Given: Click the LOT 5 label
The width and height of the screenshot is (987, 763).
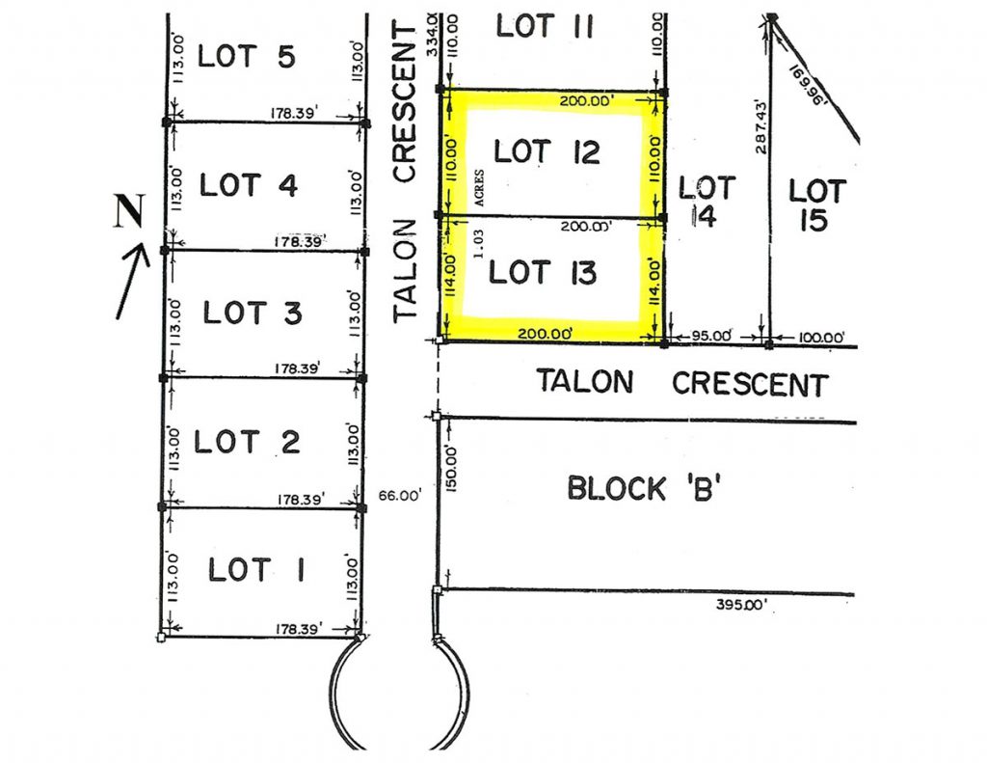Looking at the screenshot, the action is point(246,56).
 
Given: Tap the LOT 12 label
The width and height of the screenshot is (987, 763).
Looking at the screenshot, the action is point(547,151).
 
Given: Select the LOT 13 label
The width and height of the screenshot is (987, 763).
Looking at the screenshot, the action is point(542,273).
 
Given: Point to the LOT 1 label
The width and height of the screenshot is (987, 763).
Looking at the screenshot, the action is point(256,569).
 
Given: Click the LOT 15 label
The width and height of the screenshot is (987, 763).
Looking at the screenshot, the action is point(817,205).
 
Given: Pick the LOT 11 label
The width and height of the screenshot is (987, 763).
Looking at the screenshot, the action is point(545,26).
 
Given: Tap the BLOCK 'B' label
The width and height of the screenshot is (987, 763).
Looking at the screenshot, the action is point(644,488).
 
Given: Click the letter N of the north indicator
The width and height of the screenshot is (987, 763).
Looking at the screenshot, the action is point(129,210).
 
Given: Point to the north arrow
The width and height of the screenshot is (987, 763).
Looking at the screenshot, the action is point(133,281).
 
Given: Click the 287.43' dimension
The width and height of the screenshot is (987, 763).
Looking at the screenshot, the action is point(761,126).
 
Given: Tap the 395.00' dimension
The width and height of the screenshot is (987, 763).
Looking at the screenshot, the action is point(741,605).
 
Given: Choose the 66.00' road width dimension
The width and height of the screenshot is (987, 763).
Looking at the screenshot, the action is point(400,496).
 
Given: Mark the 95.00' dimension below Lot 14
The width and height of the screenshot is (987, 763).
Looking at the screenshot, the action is point(711,336).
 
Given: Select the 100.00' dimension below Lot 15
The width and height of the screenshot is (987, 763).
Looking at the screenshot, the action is point(821,338).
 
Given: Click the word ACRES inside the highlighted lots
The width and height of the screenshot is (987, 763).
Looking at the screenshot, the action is point(480,188).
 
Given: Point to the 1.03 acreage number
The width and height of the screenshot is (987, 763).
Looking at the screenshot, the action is point(479,243).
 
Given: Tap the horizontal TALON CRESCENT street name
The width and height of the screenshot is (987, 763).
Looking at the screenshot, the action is point(682,382).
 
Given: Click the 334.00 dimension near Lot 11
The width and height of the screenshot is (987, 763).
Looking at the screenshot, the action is point(432,34).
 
